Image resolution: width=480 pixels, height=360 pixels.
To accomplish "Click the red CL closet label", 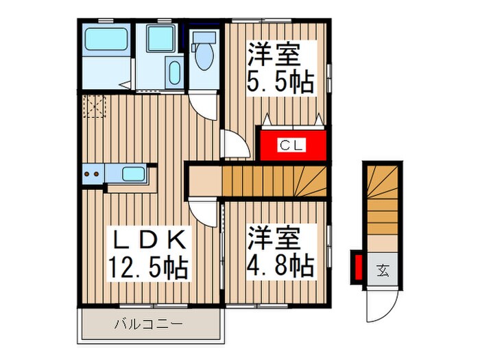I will pos(286,145).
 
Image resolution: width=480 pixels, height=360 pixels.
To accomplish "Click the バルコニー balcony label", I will pos(147,324).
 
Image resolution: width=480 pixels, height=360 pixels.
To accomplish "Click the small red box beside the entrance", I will pos(357,268).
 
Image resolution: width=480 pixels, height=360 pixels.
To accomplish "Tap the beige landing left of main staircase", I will pos(204,181).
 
